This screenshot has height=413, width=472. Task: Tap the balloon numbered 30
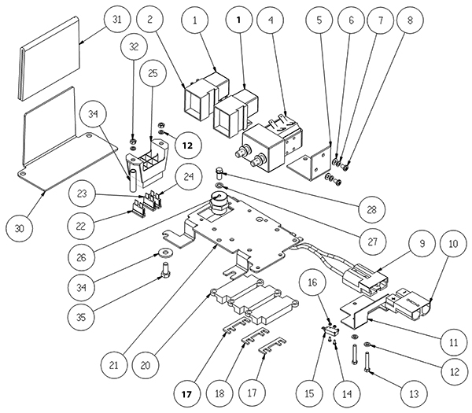(x=20, y=228)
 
